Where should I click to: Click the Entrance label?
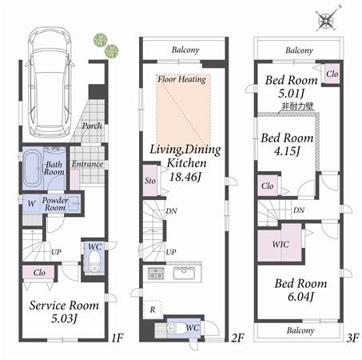(x=87, y=165)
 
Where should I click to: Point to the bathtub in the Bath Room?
(x=34, y=168)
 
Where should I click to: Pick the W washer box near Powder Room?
(x=30, y=203)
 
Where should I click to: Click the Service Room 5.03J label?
(x=64, y=312)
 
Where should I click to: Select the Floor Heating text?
(x=181, y=79)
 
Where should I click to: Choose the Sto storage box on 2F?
(x=149, y=181)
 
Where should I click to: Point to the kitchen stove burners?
(x=155, y=274)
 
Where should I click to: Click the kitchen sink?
(x=185, y=273)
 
